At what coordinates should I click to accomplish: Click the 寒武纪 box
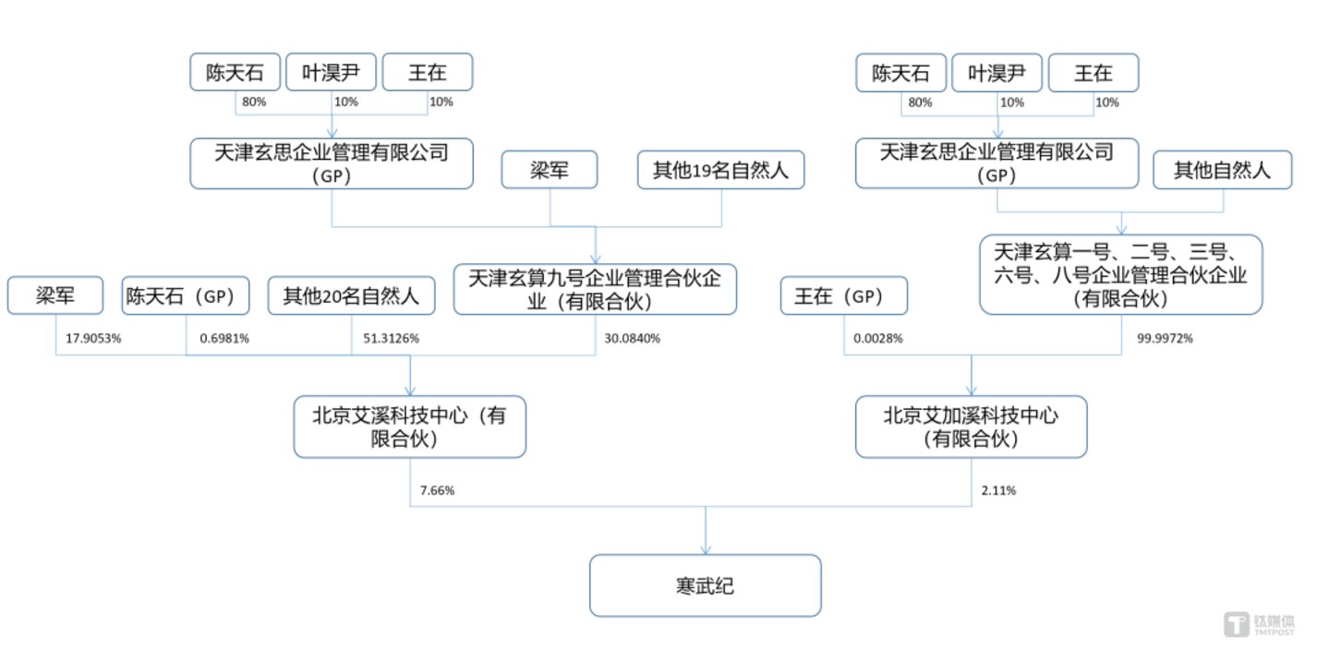pyautogui.click(x=705, y=585)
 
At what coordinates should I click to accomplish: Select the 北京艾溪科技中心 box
pyautogui.click(x=410, y=427)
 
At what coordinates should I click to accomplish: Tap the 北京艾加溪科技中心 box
pyautogui.click(x=971, y=427)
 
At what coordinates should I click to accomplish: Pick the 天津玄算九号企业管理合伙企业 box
pyautogui.click(x=595, y=289)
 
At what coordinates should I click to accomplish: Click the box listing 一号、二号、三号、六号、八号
pyautogui.click(x=1120, y=274)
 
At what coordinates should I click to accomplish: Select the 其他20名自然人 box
pyautogui.click(x=352, y=296)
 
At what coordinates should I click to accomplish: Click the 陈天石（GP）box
pyautogui.click(x=187, y=296)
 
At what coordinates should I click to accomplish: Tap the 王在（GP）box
pyautogui.click(x=844, y=296)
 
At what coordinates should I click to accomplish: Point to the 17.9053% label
pyautogui.click(x=93, y=339)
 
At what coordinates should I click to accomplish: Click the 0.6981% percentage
pyautogui.click(x=224, y=339)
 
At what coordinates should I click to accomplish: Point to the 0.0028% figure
pyautogui.click(x=877, y=339)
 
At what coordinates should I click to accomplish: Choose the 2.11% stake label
pyautogui.click(x=997, y=490)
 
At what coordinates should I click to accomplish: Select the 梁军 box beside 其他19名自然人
pyautogui.click(x=550, y=171)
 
